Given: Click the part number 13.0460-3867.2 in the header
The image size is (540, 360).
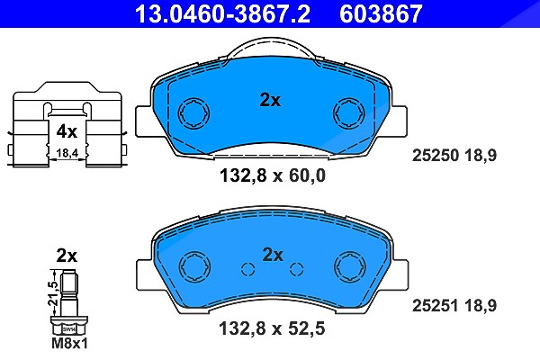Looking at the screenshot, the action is click(222, 13).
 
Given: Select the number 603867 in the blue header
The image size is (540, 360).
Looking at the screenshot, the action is click(381, 13).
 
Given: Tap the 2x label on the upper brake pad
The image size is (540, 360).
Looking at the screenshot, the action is click(270, 100).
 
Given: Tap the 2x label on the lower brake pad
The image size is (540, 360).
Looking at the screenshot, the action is click(273, 255).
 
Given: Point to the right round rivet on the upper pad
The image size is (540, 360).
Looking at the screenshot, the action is click(349, 113).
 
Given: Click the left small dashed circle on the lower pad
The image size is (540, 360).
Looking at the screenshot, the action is click(248, 269).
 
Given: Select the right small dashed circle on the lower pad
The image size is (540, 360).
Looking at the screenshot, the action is click(296, 269).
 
